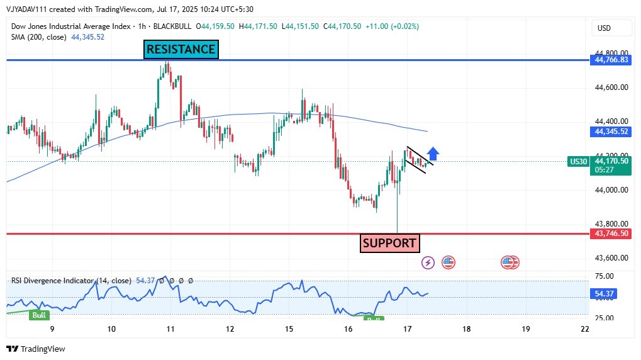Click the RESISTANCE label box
(181, 50)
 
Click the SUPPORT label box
(389, 243)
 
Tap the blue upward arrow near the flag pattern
(433, 154)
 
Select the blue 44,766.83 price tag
(610, 60)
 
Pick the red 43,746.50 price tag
(610, 233)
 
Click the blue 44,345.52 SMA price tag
(610, 132)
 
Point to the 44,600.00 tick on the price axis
(610, 87)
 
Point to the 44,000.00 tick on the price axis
(610, 190)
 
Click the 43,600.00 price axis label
(610, 258)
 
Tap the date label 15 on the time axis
(289, 329)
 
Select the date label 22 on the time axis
(585, 329)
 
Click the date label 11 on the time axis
(170, 329)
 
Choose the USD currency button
(605, 28)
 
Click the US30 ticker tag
(578, 161)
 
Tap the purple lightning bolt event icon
(428, 262)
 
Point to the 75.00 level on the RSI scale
(604, 276)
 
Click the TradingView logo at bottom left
(36, 349)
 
